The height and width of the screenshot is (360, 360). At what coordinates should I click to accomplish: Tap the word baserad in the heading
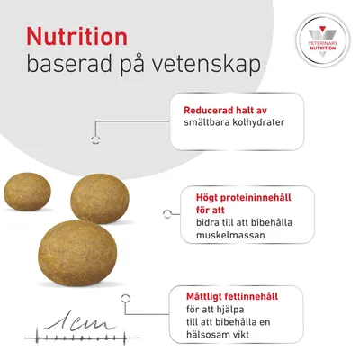coord(68,67)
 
